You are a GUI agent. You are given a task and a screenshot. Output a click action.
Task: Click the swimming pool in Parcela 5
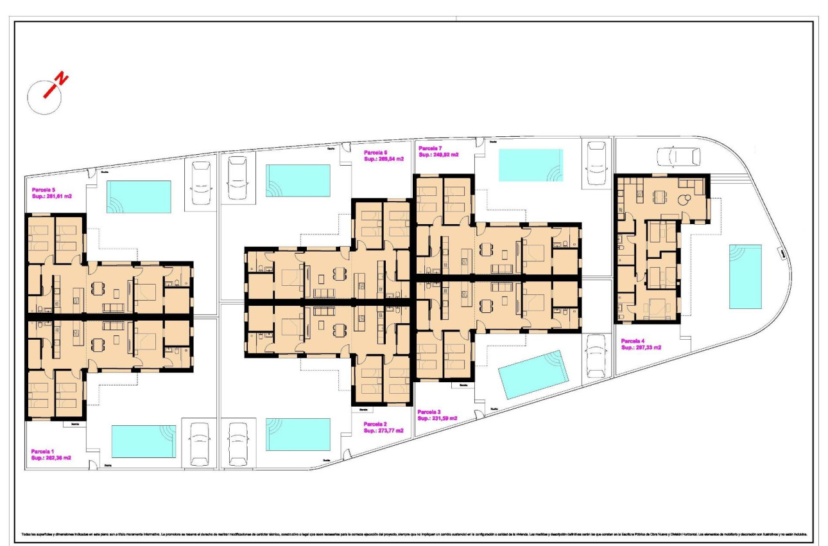click(x=139, y=197)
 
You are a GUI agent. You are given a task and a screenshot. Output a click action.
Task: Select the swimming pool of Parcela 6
click(x=298, y=181)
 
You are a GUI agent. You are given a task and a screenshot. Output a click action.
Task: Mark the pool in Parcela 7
click(x=531, y=165)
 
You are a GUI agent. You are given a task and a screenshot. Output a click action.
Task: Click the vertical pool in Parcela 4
click(x=745, y=276)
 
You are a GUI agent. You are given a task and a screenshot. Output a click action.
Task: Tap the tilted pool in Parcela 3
click(x=534, y=375)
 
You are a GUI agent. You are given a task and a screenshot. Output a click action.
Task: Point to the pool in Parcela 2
click(x=298, y=435)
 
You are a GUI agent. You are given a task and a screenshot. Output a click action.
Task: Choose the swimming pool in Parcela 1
click(x=144, y=441)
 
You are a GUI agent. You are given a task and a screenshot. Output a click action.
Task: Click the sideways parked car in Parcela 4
click(x=678, y=157)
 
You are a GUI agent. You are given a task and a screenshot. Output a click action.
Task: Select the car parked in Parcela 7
click(x=597, y=163)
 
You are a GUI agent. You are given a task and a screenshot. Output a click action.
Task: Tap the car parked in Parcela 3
click(x=596, y=356)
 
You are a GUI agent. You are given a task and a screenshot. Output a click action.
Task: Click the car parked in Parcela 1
click(x=200, y=443)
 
